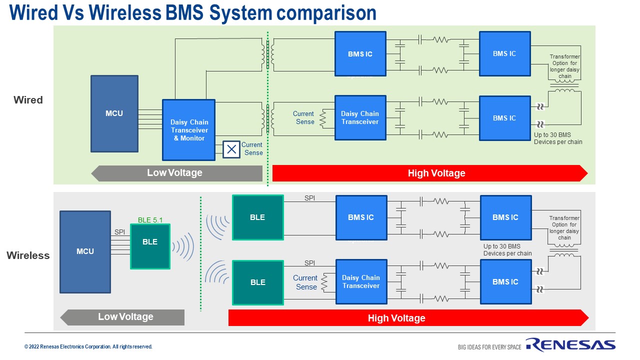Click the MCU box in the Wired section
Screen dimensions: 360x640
[x=114, y=113]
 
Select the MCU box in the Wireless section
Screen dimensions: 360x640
[x=85, y=251]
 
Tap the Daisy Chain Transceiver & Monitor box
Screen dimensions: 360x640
[x=188, y=129]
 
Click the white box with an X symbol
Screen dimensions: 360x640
[x=231, y=149]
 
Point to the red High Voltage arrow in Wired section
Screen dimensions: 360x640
[x=430, y=173]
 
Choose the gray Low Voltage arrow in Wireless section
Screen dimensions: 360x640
[x=122, y=317]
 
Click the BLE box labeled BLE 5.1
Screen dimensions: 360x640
[x=150, y=246]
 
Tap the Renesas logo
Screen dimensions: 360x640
[x=570, y=345]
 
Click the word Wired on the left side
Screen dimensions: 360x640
[x=28, y=100]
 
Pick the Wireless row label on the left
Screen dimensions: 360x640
[x=28, y=255]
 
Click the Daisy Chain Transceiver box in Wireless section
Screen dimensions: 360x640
[x=361, y=281]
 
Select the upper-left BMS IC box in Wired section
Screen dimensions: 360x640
[x=360, y=54]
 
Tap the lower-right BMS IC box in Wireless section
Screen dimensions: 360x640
[x=505, y=281]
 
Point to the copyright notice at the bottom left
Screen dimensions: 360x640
[x=88, y=346]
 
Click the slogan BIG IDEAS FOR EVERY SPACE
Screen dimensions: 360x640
[x=489, y=347]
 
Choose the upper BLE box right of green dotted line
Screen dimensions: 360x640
[x=258, y=217]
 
